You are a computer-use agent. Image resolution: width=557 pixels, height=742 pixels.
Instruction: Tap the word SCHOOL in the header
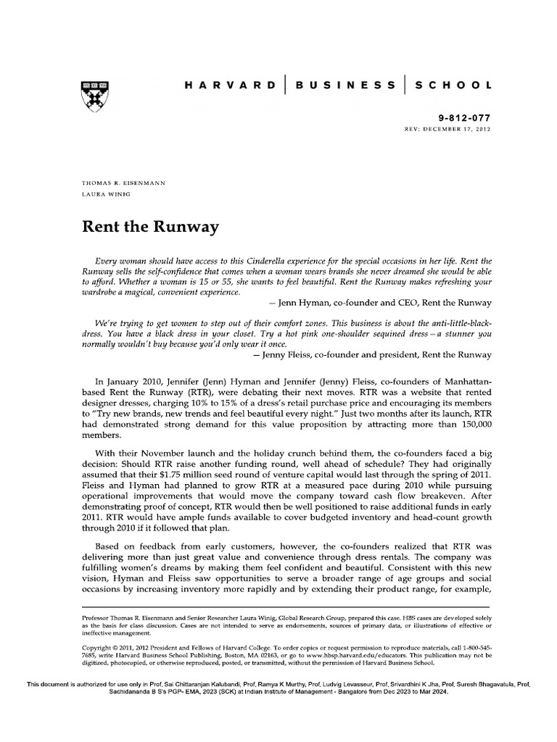click(x=453, y=85)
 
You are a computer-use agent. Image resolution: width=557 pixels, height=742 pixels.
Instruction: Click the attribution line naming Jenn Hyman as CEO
click(x=380, y=302)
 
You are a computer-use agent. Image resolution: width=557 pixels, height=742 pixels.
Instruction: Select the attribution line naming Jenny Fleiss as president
click(x=372, y=355)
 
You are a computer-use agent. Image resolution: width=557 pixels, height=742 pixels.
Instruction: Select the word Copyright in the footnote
click(x=99, y=646)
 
